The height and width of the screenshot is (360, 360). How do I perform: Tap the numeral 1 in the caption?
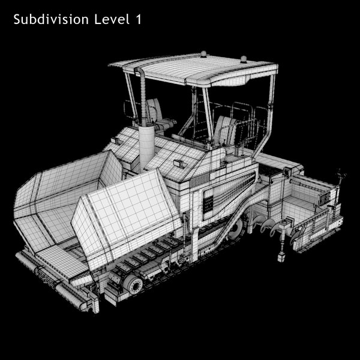click(139, 20)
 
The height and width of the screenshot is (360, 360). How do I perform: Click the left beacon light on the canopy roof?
click(203, 55)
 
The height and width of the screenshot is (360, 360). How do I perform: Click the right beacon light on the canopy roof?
click(244, 59)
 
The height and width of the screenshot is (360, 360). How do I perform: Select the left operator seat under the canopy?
click(155, 114)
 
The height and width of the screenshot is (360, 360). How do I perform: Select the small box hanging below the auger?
click(280, 256)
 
